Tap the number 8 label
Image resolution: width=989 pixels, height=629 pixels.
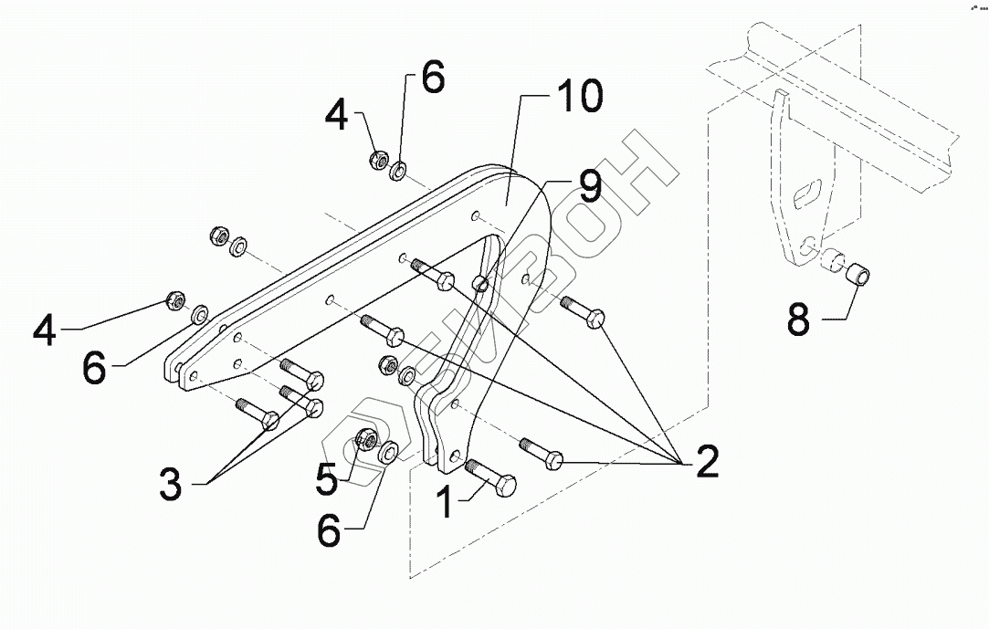point(797,320)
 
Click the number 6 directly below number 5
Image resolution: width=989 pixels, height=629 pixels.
point(329,531)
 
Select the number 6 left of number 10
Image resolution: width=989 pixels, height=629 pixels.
point(432,79)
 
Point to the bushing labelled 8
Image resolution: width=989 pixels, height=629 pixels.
point(859,273)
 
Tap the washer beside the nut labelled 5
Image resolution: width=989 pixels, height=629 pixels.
point(388,451)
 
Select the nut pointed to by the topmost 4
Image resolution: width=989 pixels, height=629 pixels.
point(377,161)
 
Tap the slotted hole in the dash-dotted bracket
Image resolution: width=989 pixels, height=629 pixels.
point(805,194)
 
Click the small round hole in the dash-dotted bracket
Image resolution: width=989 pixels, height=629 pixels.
point(807,245)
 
